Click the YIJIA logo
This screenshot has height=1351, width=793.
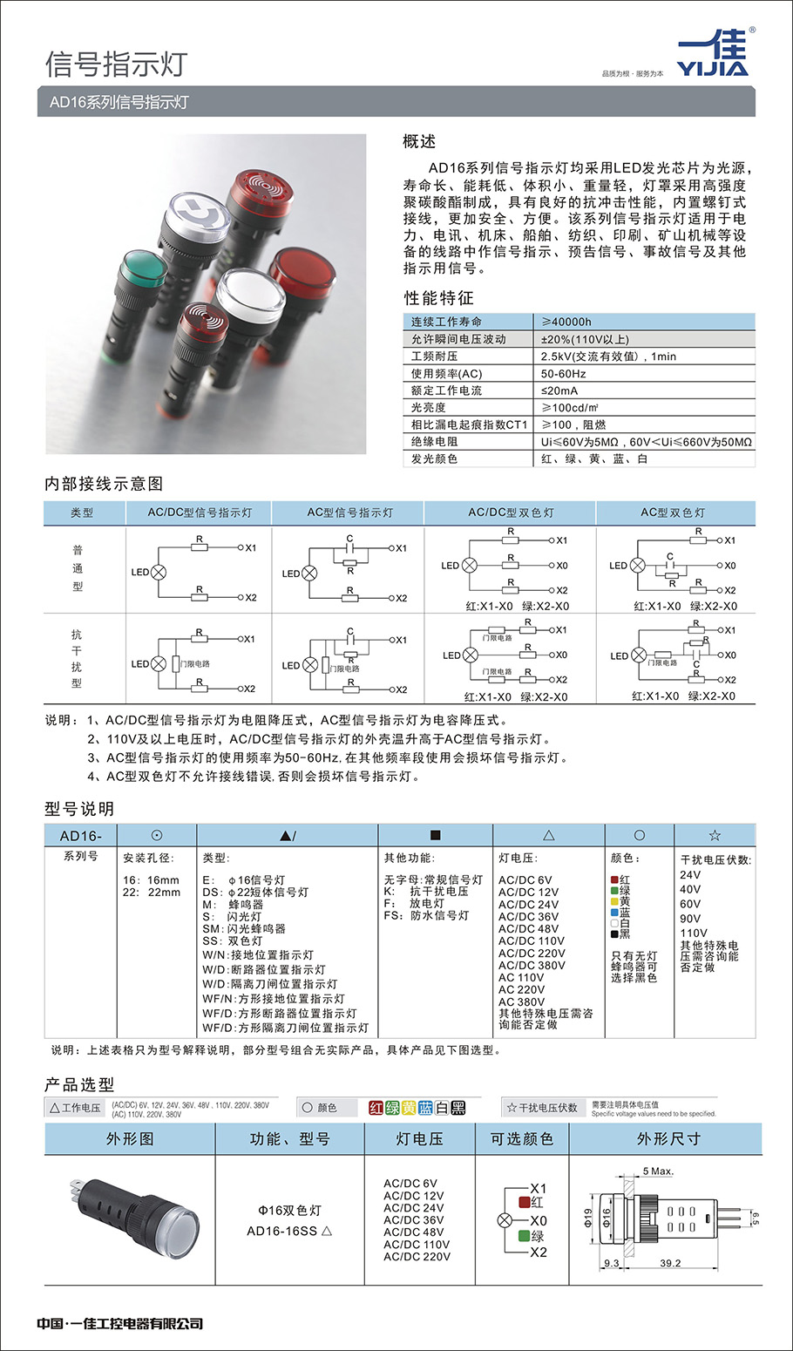712,54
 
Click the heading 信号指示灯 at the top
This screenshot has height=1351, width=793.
116,64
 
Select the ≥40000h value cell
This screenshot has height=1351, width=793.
566,322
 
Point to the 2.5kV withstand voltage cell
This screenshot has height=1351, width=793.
608,356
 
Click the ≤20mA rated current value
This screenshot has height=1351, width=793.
559,390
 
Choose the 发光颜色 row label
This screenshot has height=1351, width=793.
435,458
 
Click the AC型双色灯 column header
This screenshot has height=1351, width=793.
673,513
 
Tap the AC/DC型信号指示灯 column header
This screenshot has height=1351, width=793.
200,513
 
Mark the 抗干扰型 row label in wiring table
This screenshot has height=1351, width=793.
77,659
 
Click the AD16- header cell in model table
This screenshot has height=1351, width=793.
80,836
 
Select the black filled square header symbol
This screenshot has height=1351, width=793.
436,835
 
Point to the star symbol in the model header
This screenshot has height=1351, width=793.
715,835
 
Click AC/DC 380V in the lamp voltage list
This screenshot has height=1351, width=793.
532,966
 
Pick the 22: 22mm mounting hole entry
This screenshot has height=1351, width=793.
152,893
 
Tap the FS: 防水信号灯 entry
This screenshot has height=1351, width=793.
426,915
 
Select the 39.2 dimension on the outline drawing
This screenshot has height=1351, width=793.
670,1263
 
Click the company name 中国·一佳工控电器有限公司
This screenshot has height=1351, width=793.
120,1324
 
